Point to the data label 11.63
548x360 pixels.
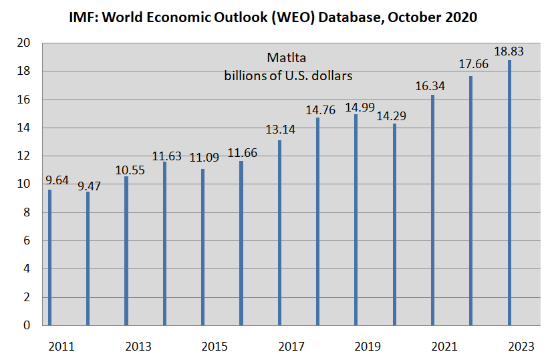(x=166, y=156)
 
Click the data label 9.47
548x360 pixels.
(x=88, y=186)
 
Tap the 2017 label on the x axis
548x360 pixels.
(x=292, y=346)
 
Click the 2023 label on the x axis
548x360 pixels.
(x=522, y=346)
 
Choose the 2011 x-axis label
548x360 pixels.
(x=61, y=346)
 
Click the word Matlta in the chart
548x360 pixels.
(x=287, y=58)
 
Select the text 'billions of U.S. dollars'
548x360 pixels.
(x=288, y=75)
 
